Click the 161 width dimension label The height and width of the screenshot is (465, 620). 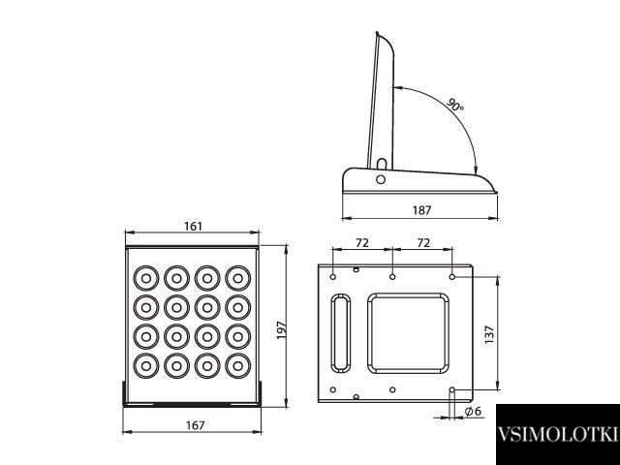pyautogui.click(x=193, y=226)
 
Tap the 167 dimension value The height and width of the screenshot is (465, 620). pyautogui.click(x=196, y=425)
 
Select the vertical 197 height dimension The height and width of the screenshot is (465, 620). pyautogui.click(x=281, y=329)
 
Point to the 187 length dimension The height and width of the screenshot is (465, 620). pyautogui.click(x=422, y=210)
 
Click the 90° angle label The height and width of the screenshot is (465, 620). pyautogui.click(x=455, y=105)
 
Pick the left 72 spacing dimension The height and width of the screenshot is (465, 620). pyautogui.click(x=362, y=242)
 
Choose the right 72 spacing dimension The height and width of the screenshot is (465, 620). pyautogui.click(x=423, y=242)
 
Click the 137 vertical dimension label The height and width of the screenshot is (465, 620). pyautogui.click(x=489, y=334)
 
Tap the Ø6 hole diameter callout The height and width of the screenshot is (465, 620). pyautogui.click(x=473, y=411)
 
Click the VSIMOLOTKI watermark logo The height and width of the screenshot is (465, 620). pyautogui.click(x=558, y=434)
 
